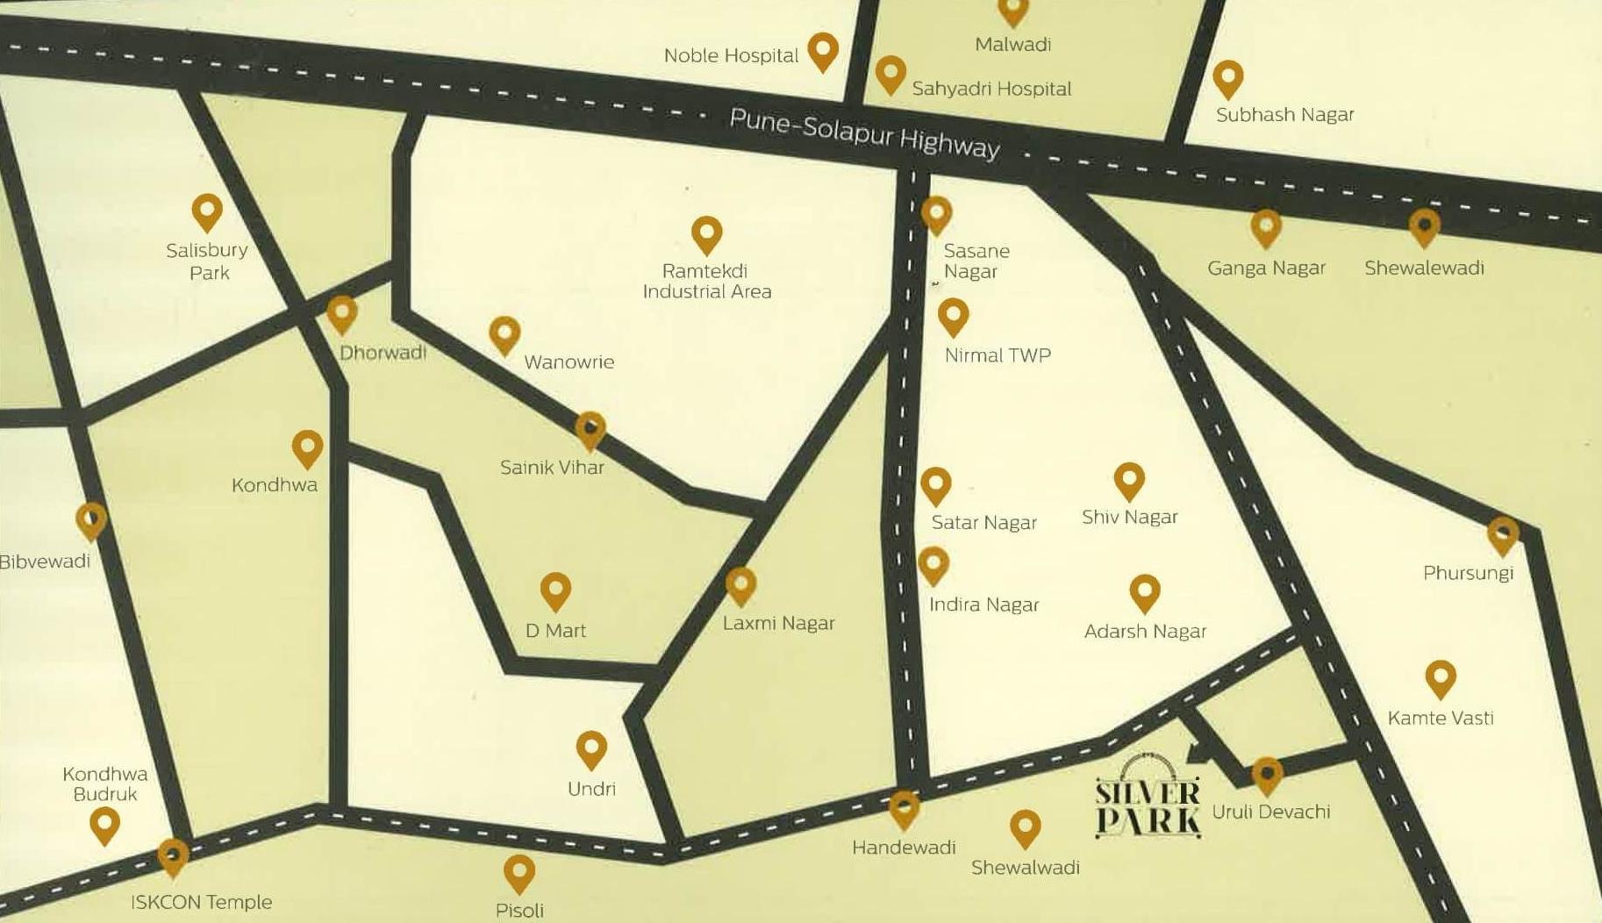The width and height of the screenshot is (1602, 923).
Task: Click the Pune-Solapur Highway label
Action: click(864, 134)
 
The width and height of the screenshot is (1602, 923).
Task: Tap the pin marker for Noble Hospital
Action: click(823, 51)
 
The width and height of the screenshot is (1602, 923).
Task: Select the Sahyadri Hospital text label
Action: click(991, 89)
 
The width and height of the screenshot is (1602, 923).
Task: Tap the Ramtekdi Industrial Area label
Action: click(707, 281)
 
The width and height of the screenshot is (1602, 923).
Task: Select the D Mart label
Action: click(555, 630)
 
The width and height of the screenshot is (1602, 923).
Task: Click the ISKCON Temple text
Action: click(201, 902)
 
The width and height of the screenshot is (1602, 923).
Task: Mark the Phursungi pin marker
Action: click(1503, 535)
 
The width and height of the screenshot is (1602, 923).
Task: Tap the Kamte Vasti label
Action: click(1441, 718)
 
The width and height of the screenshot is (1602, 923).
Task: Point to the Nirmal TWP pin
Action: click(954, 317)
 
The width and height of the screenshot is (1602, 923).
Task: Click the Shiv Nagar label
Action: click(1129, 517)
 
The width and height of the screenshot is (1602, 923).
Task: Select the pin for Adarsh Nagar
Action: click(1145, 593)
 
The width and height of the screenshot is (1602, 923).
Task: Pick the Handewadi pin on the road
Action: click(904, 809)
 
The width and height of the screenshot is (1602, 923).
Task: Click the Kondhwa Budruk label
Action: click(105, 783)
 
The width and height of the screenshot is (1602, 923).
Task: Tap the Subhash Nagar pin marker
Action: click(1228, 78)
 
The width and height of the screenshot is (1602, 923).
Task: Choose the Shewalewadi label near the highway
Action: click(1424, 268)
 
